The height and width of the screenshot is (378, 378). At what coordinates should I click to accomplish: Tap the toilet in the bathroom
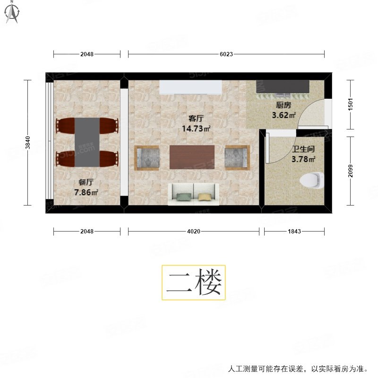pyautogui.click(x=312, y=180)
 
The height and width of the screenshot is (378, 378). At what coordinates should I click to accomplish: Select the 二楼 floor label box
pyautogui.click(x=194, y=283)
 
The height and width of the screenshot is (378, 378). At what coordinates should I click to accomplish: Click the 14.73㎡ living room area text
pyautogui.click(x=196, y=128)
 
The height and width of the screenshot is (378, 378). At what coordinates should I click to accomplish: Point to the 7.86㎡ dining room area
pyautogui.click(x=86, y=192)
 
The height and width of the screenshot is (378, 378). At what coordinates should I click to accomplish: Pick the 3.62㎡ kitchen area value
pyautogui.click(x=283, y=115)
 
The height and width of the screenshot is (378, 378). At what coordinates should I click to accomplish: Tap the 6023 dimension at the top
pyautogui.click(x=226, y=54)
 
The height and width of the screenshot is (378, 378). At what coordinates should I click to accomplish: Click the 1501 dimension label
pyautogui.click(x=350, y=104)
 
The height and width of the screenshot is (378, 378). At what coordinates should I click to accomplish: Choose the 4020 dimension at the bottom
pyautogui.click(x=194, y=232)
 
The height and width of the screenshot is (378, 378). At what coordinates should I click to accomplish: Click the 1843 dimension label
pyautogui.click(x=294, y=232)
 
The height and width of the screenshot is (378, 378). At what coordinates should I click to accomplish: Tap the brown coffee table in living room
pyautogui.click(x=192, y=157)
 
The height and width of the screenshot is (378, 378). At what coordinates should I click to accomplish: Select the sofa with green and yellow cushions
pyautogui.click(x=193, y=194)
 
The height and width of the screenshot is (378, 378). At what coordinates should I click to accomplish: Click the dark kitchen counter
pyautogui.click(x=283, y=86)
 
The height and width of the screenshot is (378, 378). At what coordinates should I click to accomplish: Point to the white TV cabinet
pyautogui.click(x=190, y=87)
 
